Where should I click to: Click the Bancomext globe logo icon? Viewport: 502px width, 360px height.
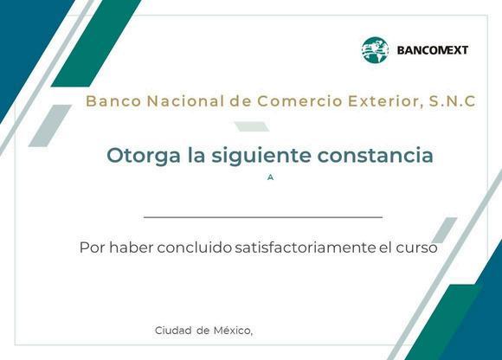375,50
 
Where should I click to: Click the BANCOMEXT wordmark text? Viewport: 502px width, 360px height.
432,50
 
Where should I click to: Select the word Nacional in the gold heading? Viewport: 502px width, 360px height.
185,101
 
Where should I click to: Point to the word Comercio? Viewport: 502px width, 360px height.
300,101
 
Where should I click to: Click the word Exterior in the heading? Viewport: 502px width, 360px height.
383,101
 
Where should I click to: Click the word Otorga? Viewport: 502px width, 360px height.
144,156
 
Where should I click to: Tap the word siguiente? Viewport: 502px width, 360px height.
261,156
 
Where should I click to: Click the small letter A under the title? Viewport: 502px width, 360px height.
270,177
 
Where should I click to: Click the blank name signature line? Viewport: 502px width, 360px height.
263,217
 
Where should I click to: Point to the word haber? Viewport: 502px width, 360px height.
132,247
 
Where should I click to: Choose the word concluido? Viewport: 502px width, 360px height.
195,247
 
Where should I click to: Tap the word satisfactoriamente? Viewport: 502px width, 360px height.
306,247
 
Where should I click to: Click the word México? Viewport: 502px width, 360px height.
233,331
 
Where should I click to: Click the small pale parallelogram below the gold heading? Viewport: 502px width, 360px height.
252,126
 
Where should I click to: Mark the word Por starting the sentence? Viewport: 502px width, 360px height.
92,247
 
